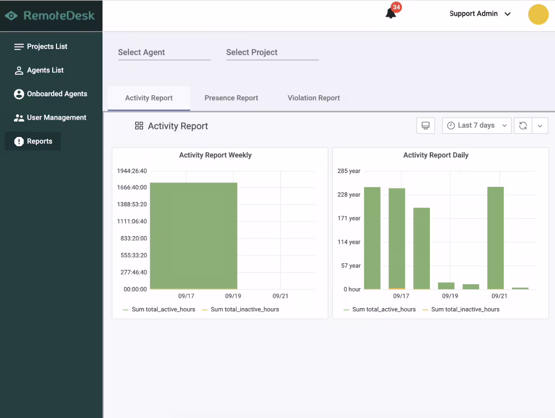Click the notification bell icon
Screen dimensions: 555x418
pyautogui.click(x=391, y=14)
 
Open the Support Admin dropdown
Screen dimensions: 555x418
pyautogui.click(x=480, y=14)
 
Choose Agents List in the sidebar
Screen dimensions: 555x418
pyautogui.click(x=38, y=70)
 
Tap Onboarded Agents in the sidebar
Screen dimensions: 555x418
pyautogui.click(x=50, y=94)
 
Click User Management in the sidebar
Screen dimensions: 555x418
pyautogui.click(x=50, y=117)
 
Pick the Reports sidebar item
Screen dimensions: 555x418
pyautogui.click(x=33, y=141)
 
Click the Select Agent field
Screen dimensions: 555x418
pyautogui.click(x=164, y=53)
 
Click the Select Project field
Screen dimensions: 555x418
pyautogui.click(x=273, y=53)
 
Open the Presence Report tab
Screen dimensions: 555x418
pyautogui.click(x=231, y=98)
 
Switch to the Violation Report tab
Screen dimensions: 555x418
pyautogui.click(x=314, y=98)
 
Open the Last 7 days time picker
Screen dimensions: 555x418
pyautogui.click(x=477, y=126)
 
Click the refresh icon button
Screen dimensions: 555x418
pyautogui.click(x=523, y=126)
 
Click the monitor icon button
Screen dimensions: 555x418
pyautogui.click(x=425, y=126)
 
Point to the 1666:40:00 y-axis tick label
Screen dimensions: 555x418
pyautogui.click(x=132, y=187)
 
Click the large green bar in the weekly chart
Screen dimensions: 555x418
pyautogui.click(x=193, y=236)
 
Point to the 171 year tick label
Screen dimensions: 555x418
pyautogui.click(x=349, y=218)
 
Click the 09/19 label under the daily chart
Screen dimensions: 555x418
pyautogui.click(x=450, y=296)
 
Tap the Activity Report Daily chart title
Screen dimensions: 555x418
pyautogui.click(x=436, y=155)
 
